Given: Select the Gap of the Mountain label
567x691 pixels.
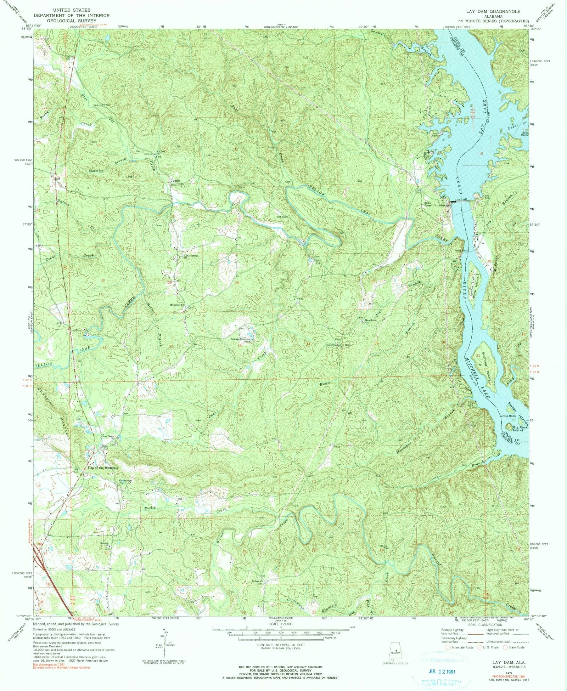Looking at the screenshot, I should point(103,468).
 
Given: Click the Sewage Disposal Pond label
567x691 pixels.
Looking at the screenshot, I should point(241,340).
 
